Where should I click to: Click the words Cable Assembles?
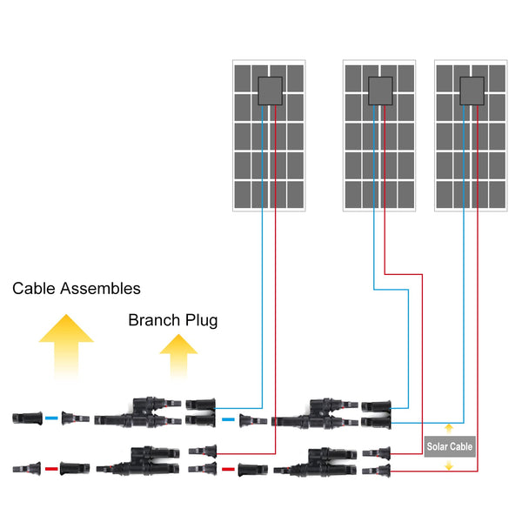(x=76, y=288)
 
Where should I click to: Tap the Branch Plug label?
(x=172, y=320)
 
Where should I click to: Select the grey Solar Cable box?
(x=449, y=446)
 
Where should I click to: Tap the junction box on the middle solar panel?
(x=379, y=90)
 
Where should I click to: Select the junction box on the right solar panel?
(x=471, y=90)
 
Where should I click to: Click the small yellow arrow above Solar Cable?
(x=449, y=428)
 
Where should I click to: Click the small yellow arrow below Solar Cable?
(x=449, y=465)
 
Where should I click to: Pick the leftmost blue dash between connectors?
(x=50, y=418)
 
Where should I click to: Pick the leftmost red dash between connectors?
(x=50, y=469)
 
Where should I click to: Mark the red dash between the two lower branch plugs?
(x=228, y=469)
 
